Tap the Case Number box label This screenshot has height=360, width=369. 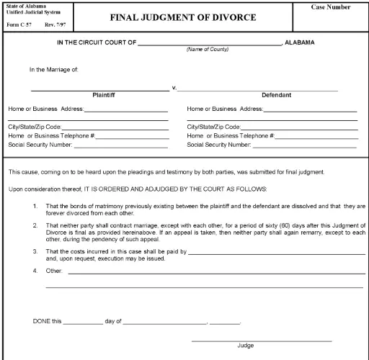pyautogui.click(x=331, y=7)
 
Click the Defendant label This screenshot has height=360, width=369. pyautogui.click(x=283, y=94)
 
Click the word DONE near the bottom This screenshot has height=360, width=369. pyautogui.click(x=42, y=320)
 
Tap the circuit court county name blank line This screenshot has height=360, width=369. pyautogui.click(x=209, y=42)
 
